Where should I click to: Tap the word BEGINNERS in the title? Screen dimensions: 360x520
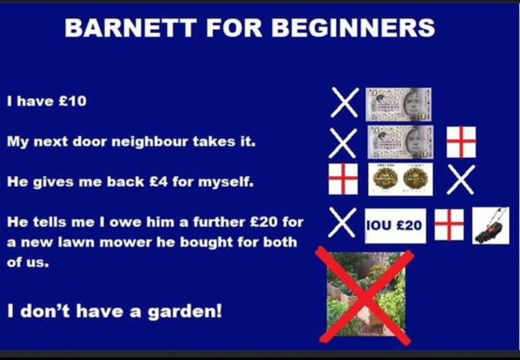point(353,28)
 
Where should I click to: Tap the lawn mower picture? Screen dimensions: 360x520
point(490,226)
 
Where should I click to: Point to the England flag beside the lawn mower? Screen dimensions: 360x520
point(449,224)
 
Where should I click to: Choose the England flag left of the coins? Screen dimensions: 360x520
point(343,179)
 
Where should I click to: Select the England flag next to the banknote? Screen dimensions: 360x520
point(460,141)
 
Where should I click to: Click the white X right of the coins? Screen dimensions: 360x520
point(460,179)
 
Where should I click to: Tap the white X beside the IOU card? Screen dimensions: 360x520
point(342,222)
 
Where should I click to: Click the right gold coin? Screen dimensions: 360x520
point(415,179)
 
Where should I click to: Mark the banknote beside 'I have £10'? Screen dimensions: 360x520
point(398,103)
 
